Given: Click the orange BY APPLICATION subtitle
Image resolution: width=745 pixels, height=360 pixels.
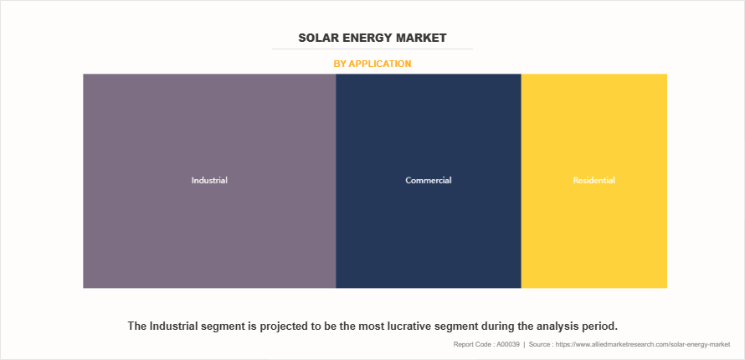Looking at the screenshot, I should pos(372,64).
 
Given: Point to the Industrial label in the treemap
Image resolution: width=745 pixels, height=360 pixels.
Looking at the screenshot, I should pos(209,180).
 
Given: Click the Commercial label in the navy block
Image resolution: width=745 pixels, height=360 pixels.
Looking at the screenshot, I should pos(429,180).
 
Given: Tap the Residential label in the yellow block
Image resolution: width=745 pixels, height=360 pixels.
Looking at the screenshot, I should pos(594,180).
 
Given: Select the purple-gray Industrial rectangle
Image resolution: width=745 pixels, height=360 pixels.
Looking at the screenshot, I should pos(209,234).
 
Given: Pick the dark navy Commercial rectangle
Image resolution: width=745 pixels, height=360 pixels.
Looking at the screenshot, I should pos(429,234).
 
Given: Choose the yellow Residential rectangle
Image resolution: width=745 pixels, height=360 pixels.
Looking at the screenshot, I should pos(594,234).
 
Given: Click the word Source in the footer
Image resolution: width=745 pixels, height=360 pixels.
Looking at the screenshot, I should pos(545,344).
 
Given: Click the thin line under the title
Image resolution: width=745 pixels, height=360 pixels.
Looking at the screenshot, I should pos(372,49).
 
